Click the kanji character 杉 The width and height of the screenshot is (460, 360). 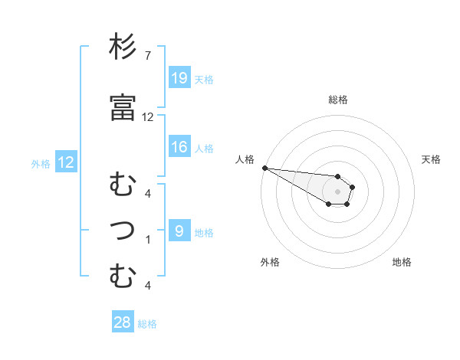tap(123, 48)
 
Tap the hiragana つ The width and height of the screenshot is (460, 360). tap(123, 229)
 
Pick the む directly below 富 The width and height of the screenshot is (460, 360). tap(123, 185)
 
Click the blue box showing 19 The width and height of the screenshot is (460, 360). tap(179, 77)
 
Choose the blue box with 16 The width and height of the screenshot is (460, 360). tap(179, 147)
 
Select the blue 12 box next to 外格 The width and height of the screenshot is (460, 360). tap(66, 162)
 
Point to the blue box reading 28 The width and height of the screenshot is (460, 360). tap(123, 322)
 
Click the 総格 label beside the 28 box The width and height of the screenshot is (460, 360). tap(147, 324)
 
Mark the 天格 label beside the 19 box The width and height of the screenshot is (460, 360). tap(204, 79)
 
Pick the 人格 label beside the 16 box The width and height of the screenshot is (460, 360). tap(204, 149)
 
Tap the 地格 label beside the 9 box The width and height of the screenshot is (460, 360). tap(204, 233)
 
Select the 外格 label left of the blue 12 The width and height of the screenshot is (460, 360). tap(41, 163)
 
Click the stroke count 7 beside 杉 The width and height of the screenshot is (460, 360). tap(147, 57)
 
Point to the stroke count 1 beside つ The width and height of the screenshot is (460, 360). tap(147, 239)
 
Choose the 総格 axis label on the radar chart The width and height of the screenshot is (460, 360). tap(337, 100)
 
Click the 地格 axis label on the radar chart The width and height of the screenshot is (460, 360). tap(402, 262)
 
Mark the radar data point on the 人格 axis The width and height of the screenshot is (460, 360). tap(264, 168)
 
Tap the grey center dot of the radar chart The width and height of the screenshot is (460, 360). tap(337, 191)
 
